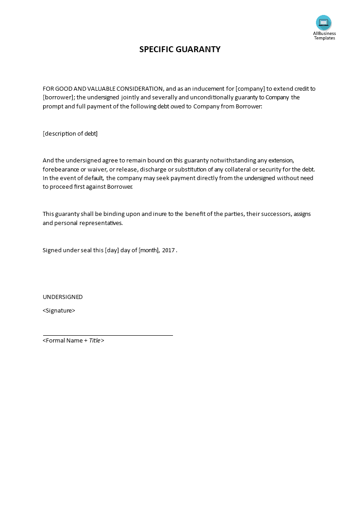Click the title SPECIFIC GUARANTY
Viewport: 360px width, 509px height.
pos(180,49)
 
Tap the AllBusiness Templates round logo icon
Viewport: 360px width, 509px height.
pos(324,23)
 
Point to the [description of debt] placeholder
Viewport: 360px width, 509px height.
pos(70,133)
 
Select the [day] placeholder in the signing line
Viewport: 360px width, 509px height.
pos(112,250)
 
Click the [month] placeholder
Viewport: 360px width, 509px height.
pos(149,250)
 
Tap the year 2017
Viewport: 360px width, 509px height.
pos(168,250)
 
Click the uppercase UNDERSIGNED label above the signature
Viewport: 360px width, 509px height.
pos(63,297)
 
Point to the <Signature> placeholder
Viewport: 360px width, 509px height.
pos(59,311)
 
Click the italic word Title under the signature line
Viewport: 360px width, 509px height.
pos(95,340)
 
